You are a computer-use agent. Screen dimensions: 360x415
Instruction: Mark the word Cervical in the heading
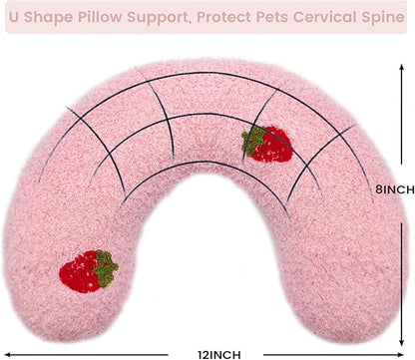pyautogui.click(x=322, y=17)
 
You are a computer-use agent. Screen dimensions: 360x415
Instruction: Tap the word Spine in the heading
pyautogui.click(x=379, y=17)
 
